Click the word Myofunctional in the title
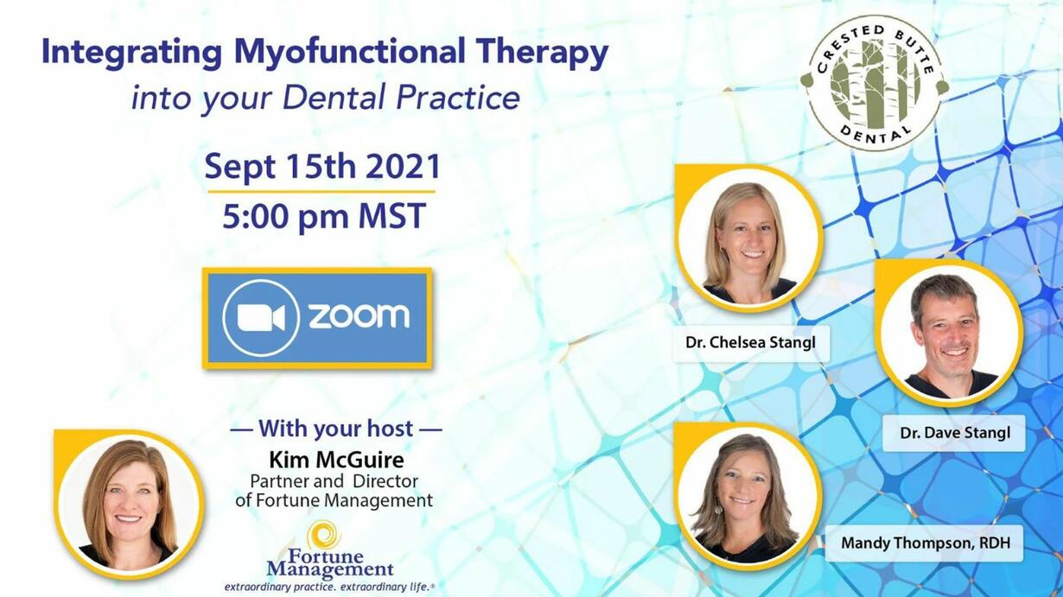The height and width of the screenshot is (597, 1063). point(350,54)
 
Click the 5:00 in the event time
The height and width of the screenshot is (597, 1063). point(257,216)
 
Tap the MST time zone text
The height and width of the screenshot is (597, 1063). point(392,216)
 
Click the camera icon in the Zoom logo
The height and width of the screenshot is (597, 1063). point(261,317)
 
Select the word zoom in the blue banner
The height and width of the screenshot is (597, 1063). point(359,316)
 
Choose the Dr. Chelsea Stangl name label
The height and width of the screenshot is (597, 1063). point(751,343)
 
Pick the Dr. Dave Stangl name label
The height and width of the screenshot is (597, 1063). point(955,433)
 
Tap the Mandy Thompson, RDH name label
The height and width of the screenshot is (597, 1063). point(926,543)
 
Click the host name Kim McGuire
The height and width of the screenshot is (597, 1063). point(336,460)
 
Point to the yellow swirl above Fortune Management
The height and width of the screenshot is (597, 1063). point(323,536)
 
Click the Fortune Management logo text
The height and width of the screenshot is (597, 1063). point(330,562)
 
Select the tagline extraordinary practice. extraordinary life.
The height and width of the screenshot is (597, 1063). point(329,587)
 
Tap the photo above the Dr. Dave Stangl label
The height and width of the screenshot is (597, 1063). point(949,333)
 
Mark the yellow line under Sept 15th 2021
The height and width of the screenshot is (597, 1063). point(321,192)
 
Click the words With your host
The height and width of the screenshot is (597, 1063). point(335,429)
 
